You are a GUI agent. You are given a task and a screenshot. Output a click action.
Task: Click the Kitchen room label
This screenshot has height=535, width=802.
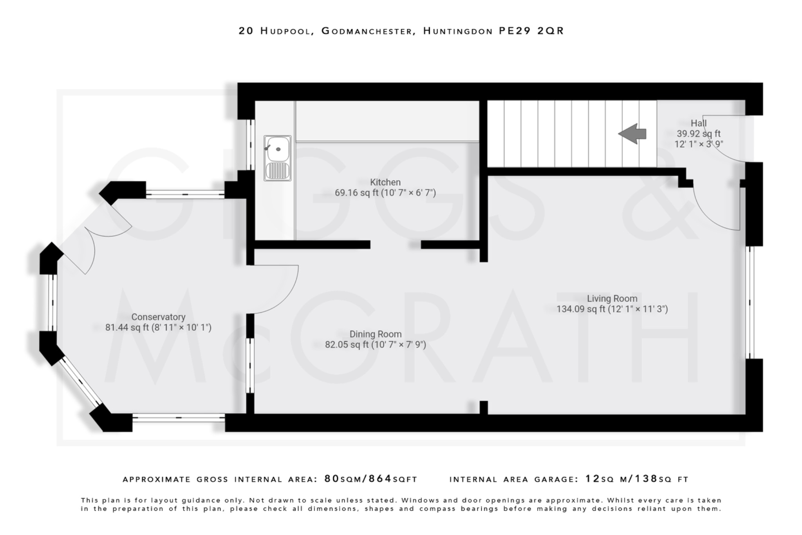click(385, 182)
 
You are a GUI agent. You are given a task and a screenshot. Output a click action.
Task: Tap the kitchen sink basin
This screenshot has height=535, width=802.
click(278, 149)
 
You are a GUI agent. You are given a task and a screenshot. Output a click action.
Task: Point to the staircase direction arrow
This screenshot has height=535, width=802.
click(632, 134)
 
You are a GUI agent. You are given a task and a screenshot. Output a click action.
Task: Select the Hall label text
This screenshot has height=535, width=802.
click(699, 123)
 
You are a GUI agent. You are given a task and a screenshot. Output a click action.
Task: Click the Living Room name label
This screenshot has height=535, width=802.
click(612, 299)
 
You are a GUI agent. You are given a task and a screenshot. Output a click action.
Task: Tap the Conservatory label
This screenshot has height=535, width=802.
click(158, 317)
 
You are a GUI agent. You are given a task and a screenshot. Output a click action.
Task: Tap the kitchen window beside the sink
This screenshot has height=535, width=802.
click(250, 144)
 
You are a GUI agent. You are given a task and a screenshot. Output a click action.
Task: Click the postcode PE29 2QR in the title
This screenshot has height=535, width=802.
click(531, 31)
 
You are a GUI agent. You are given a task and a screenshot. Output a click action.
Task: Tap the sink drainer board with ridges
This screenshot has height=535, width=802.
click(278, 170)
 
